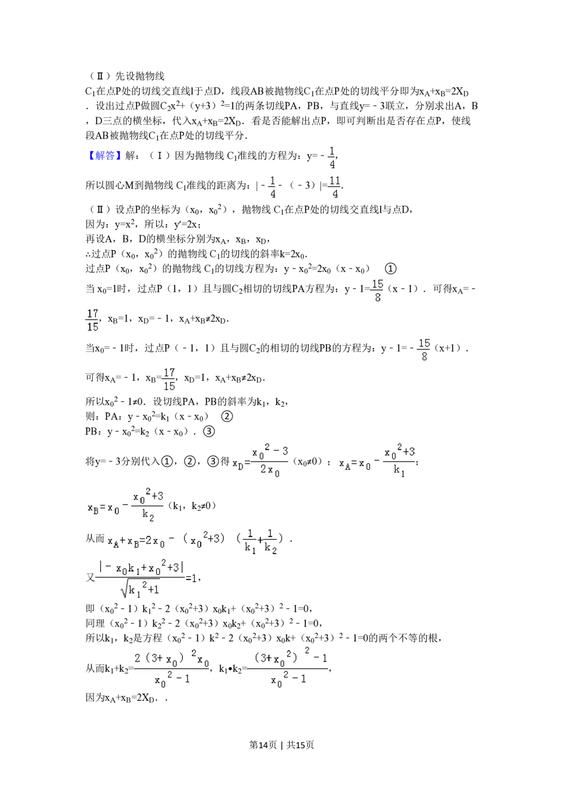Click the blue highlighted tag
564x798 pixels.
[x=104, y=156]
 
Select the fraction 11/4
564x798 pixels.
[x=334, y=187]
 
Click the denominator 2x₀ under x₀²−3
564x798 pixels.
[x=270, y=470]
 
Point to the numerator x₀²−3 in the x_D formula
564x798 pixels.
[x=270, y=451]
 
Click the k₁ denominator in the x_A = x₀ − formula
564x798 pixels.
[x=399, y=471]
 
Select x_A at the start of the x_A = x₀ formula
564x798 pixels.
[x=345, y=464]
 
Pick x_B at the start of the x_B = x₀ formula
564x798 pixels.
[x=93, y=508]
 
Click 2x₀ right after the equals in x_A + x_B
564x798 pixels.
[x=155, y=542]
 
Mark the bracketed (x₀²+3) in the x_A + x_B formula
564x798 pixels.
[x=205, y=541]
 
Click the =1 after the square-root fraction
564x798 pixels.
[x=191, y=578]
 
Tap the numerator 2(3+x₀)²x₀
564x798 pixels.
[x=171, y=659]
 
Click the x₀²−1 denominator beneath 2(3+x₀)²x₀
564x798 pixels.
[x=172, y=679]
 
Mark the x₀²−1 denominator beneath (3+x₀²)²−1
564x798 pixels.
[x=288, y=679]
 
